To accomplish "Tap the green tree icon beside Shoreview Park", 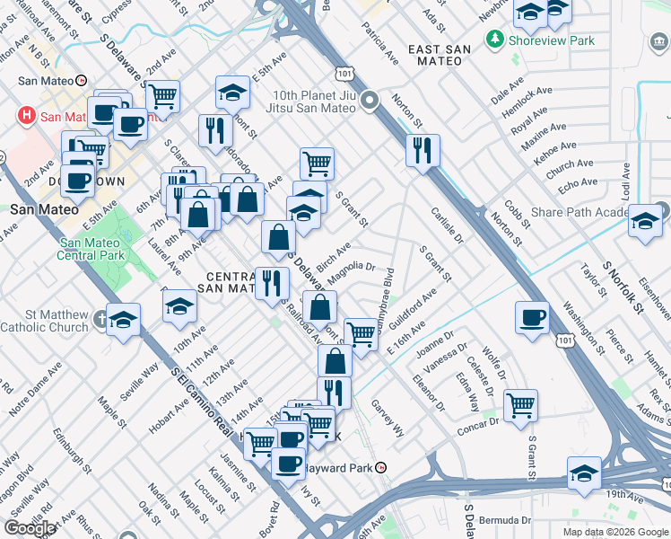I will coord(492,40).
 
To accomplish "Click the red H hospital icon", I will coord(26,116).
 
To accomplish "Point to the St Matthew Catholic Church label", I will coord(45,321).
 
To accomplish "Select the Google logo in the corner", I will coord(30,527).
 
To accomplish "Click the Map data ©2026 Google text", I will coord(614,532).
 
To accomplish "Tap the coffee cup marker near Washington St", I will coord(533,317).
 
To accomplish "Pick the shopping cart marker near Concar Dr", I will coord(520,405).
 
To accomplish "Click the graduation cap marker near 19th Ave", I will coord(584,473).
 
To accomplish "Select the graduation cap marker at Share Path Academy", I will coord(645,220).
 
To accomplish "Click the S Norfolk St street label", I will coord(624,287).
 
